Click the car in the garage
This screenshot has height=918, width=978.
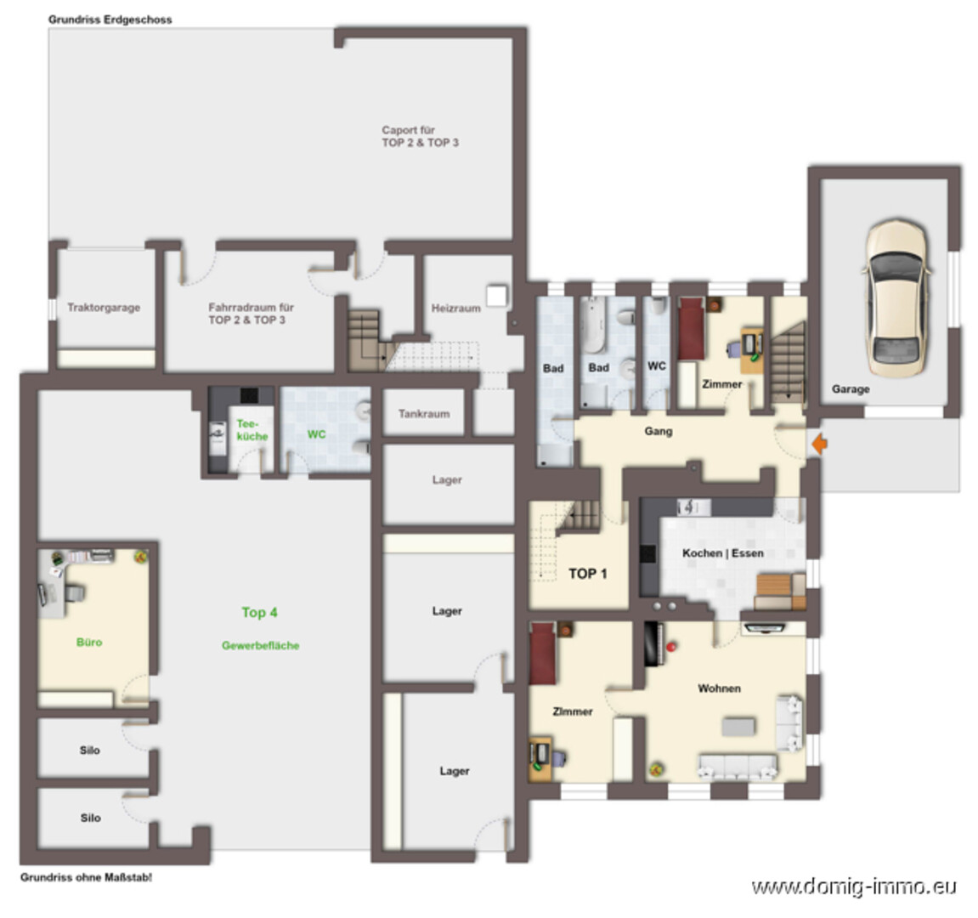[x=896, y=299]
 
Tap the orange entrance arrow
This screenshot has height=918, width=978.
[x=820, y=444]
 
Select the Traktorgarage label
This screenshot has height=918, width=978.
[x=104, y=307]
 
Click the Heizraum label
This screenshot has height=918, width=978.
[x=456, y=308]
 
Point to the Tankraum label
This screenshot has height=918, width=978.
[x=424, y=413]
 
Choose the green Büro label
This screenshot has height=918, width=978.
[x=89, y=642]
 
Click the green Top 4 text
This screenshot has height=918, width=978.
[x=259, y=612]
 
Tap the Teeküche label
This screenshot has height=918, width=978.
[x=252, y=430]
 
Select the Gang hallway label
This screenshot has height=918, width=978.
[x=658, y=431]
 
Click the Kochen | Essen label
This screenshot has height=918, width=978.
[x=723, y=552]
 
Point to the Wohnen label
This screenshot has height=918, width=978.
[x=719, y=688]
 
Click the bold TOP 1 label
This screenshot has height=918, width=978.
[x=587, y=574]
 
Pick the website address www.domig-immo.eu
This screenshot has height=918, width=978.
[x=854, y=887]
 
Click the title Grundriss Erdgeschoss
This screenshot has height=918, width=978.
[x=110, y=20]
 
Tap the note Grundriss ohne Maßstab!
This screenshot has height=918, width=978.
[x=86, y=877]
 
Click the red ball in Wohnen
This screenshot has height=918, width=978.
[x=671, y=647]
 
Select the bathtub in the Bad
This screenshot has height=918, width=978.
[x=592, y=326]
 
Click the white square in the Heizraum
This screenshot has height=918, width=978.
[x=496, y=296]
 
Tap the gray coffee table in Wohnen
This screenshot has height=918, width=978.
[x=738, y=727]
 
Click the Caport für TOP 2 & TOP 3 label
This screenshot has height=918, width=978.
[x=420, y=136]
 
